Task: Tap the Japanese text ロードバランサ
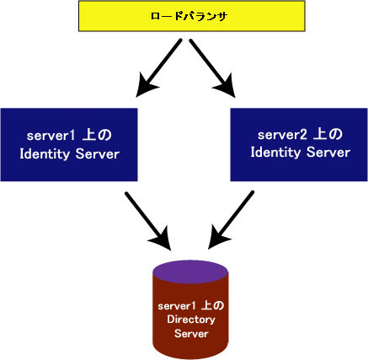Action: (183, 17)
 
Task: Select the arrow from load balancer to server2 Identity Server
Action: (211, 68)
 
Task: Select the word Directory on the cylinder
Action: (190, 320)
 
